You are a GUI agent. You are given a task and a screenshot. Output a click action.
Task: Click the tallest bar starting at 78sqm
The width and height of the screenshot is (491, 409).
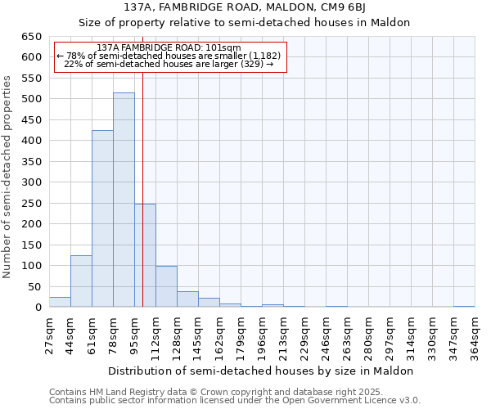coord(124,200)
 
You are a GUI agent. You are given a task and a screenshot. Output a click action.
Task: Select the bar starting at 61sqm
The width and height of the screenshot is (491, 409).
coord(102,219)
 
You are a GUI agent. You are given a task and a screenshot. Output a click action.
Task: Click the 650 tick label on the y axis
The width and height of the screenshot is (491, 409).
coord(32,37)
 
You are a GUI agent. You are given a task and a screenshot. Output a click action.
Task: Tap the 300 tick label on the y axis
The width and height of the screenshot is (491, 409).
coord(32,182)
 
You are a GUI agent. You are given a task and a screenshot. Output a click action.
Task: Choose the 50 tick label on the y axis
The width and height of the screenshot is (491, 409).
coord(35,287)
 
